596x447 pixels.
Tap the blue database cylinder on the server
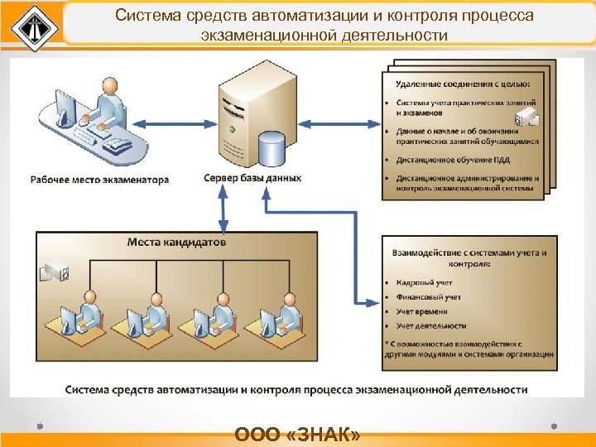point(271,150)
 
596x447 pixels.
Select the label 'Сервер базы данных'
point(252,178)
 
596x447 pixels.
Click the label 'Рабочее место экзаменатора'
point(100,179)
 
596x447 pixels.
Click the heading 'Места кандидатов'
point(177,243)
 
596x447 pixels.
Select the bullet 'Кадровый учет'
point(424,282)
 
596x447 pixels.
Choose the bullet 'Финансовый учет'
point(429,296)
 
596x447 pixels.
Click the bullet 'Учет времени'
point(422,311)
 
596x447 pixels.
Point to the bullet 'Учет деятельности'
point(431,326)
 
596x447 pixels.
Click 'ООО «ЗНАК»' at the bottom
point(297,435)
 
